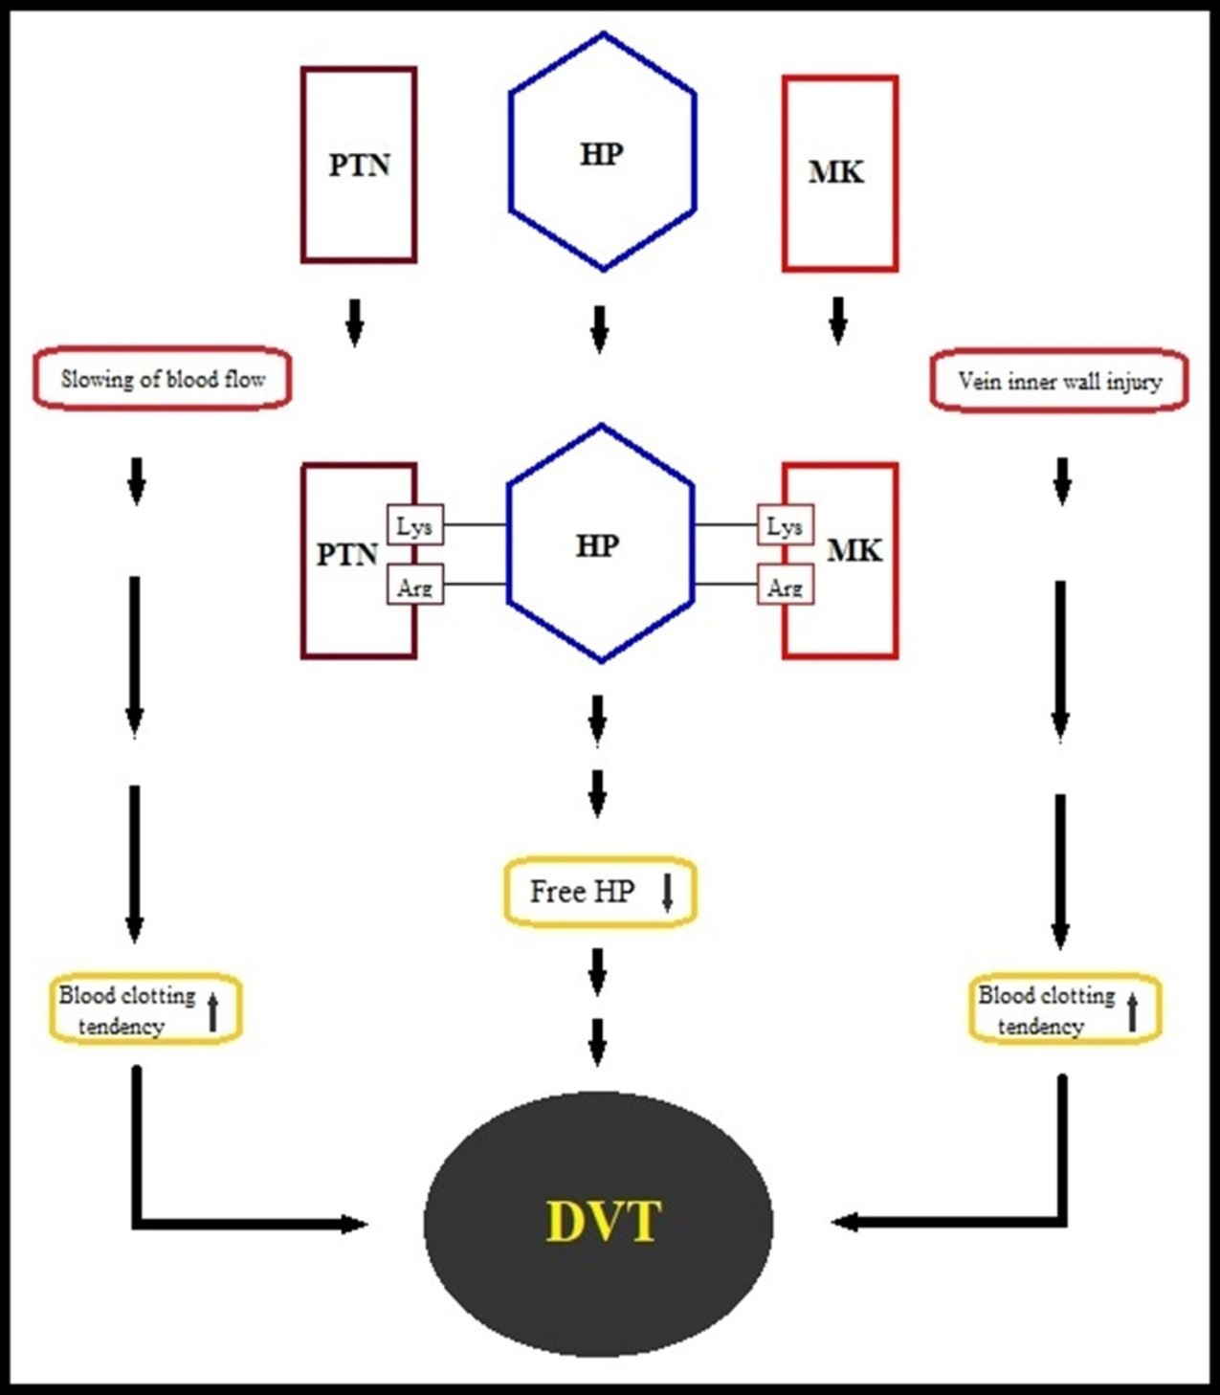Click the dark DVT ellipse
(599, 1223)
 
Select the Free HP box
(600, 892)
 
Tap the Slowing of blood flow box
(163, 379)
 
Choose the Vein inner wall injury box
(1059, 382)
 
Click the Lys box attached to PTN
(415, 525)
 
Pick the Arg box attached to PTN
(415, 586)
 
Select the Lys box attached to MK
(785, 525)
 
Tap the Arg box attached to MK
(785, 586)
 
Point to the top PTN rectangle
(359, 165)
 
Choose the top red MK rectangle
(839, 173)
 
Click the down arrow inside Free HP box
(668, 892)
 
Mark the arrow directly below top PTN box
(355, 323)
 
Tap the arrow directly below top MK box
(838, 321)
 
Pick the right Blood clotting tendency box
(1064, 1009)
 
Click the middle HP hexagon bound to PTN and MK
(600, 544)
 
